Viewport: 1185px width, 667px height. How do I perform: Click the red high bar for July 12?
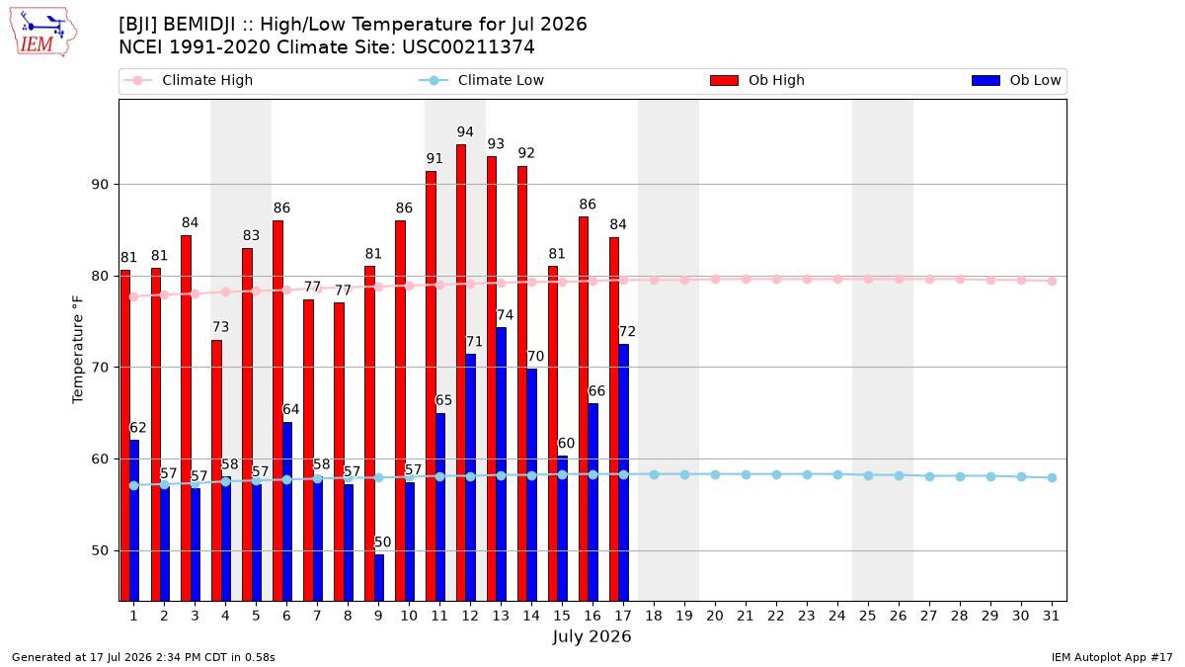[x=461, y=373]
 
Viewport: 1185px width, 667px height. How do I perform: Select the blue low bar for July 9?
[x=379, y=577]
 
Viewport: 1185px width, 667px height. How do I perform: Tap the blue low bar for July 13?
[x=502, y=464]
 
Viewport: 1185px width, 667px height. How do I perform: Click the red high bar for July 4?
[x=216, y=470]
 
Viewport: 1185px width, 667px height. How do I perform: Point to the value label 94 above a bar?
[x=465, y=131]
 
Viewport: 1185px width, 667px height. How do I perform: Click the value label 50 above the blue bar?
[x=382, y=542]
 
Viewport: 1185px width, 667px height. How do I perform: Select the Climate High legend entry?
[x=189, y=80]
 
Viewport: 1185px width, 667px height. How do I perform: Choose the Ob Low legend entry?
[x=1016, y=80]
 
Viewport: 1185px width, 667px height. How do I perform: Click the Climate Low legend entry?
[x=482, y=80]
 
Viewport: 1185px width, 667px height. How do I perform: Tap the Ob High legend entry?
[x=757, y=80]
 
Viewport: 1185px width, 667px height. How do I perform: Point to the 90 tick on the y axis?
[x=100, y=185]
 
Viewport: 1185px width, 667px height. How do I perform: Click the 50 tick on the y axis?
[x=100, y=551]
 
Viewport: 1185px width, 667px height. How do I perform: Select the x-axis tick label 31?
[x=1051, y=617]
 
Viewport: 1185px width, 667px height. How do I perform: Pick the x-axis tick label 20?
[x=715, y=617]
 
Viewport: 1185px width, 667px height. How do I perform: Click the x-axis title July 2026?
[x=592, y=636]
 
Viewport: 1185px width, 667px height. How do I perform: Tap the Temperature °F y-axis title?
[x=78, y=350]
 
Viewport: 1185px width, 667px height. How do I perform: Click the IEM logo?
[x=42, y=33]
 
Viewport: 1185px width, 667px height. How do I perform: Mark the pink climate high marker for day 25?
[x=868, y=279]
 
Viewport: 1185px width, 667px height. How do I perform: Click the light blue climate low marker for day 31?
[x=1052, y=477]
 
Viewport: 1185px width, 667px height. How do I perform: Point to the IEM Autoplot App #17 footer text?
[x=1112, y=657]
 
